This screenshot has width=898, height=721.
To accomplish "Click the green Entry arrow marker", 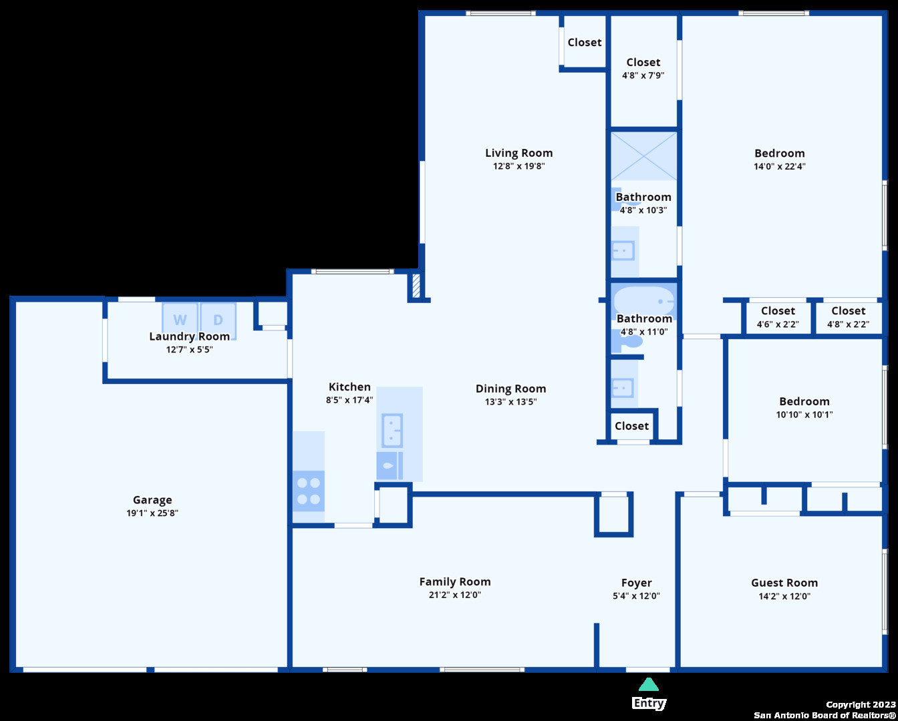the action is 649,684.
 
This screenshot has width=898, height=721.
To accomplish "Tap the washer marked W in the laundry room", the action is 180,319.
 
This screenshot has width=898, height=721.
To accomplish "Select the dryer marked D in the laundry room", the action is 218,319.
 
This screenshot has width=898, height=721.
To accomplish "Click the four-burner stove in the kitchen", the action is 309,491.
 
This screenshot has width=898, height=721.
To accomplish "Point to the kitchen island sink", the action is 392,431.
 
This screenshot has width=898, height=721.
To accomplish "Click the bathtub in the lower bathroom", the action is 644,301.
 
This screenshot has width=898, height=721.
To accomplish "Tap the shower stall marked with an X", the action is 644,156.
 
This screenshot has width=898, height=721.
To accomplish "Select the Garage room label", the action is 152,499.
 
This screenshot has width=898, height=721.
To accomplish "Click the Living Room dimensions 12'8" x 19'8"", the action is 518,166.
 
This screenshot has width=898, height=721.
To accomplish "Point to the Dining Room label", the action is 510,389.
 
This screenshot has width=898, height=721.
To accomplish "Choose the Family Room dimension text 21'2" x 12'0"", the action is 455,595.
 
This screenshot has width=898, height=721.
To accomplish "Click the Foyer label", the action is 636,583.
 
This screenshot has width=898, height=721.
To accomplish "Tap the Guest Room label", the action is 784,583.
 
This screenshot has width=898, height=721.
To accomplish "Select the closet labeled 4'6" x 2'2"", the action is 778,317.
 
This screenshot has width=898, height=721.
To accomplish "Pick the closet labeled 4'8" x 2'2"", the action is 849,317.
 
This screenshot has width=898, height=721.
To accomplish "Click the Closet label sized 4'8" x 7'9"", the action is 643,62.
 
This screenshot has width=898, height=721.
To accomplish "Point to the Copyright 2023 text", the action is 861,705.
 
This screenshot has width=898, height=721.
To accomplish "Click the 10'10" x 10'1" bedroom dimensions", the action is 804,415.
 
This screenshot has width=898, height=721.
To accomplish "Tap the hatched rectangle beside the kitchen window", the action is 416,285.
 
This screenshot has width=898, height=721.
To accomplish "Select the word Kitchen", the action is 349,387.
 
